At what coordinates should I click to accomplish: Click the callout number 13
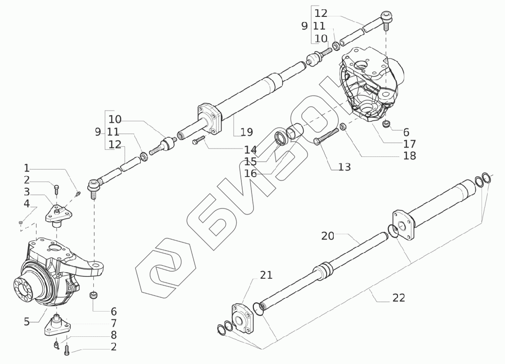click(344, 167)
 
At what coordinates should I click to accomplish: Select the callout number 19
click(246, 132)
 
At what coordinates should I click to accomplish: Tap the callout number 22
click(398, 298)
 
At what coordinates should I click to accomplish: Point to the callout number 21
click(266, 275)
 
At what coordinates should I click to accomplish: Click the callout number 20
click(328, 236)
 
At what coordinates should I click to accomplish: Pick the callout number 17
click(409, 144)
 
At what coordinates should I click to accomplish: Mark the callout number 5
click(27, 321)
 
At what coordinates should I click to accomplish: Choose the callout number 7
click(114, 323)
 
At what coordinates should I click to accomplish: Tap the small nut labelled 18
click(343, 126)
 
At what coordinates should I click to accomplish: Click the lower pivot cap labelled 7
click(57, 325)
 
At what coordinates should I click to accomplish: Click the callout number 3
click(27, 192)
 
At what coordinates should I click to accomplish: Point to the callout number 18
click(409, 156)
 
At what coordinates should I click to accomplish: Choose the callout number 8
click(114, 335)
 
